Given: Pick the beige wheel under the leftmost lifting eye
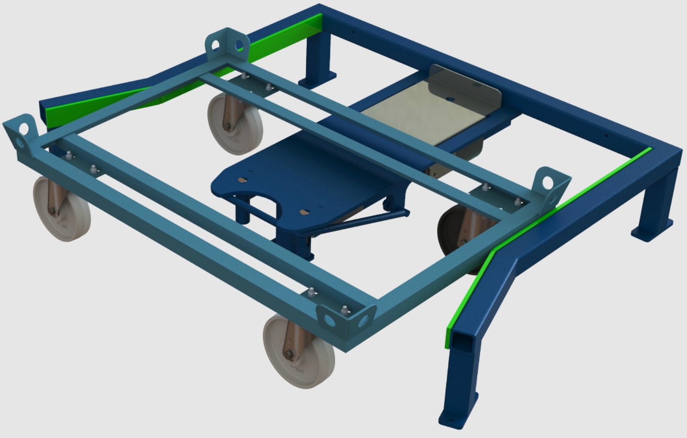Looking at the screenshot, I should point(61,208).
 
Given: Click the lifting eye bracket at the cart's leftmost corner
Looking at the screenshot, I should point(21,136).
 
